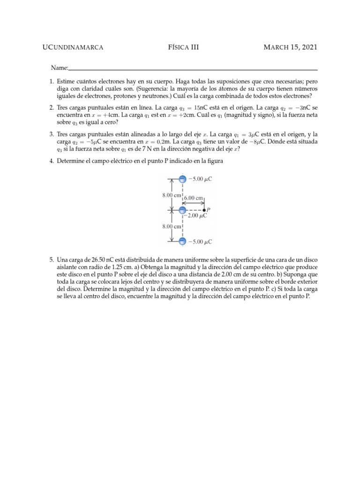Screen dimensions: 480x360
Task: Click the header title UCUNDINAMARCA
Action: (73, 47)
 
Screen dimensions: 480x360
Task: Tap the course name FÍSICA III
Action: (183, 47)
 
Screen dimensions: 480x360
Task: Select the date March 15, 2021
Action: (291, 47)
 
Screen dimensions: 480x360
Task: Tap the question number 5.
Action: (52, 259)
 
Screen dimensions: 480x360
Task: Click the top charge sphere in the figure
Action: (183, 179)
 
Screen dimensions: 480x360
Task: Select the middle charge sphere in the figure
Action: (183, 210)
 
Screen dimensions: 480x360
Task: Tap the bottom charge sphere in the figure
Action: (183, 242)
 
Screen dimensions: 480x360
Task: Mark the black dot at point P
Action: (204, 210)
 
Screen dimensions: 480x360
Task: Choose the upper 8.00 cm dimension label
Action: (171, 195)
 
